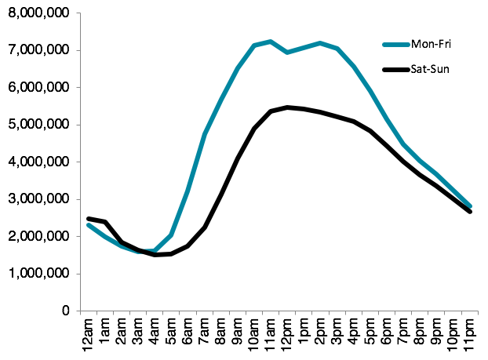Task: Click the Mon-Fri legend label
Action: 431,44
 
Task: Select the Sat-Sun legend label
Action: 430,69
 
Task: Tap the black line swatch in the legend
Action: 396,70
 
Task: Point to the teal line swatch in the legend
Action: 396,45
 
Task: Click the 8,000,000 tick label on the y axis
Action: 39,13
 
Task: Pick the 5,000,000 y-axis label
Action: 39,125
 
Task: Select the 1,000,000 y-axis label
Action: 39,273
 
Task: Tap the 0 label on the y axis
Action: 66,311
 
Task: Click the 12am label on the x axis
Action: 89,335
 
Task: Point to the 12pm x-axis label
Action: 287,335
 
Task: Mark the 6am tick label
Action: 188,332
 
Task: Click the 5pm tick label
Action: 370,332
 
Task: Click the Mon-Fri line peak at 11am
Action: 271,42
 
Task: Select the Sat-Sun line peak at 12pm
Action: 287,107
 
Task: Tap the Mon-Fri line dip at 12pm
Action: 287,53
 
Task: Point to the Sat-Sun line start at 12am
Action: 89,218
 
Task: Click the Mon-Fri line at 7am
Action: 205,134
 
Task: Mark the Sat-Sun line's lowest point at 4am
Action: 155,255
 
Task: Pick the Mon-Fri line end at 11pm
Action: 470,206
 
